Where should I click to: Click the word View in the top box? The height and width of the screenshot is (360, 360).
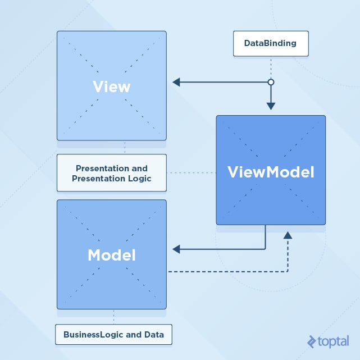[x=111, y=87]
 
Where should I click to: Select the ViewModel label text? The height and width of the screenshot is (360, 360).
[x=271, y=172]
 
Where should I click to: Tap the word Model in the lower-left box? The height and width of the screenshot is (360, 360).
[x=111, y=255]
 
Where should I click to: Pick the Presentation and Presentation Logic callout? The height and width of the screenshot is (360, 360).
[x=111, y=173]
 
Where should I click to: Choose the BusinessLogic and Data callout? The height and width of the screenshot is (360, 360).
[x=113, y=335]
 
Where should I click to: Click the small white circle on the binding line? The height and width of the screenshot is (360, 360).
[x=271, y=83]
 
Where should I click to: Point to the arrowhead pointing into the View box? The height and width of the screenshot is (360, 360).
[x=176, y=83]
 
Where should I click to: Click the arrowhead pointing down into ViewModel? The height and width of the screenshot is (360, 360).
[x=271, y=105]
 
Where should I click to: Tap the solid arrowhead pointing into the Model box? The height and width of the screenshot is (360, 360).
[x=176, y=248]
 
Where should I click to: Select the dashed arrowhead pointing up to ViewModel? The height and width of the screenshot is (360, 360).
[x=288, y=235]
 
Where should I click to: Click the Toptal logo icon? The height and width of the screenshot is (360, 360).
[x=312, y=341]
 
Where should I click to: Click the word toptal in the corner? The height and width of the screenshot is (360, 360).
[x=335, y=341]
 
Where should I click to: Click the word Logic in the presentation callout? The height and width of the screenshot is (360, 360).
[x=139, y=179]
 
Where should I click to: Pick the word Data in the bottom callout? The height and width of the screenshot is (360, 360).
[x=152, y=335]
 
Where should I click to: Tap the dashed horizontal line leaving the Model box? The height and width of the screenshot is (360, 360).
[x=225, y=272]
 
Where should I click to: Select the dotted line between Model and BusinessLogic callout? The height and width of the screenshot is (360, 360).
[x=114, y=316]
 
